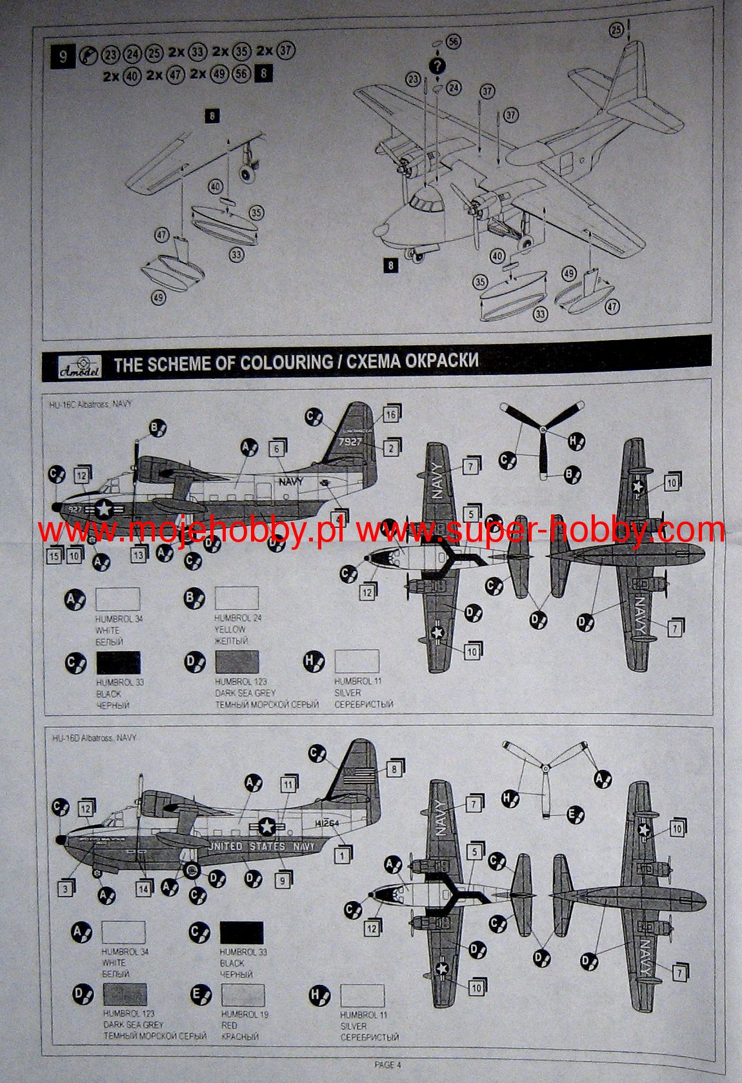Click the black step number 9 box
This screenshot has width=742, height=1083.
[63, 56]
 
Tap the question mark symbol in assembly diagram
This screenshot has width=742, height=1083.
[437, 65]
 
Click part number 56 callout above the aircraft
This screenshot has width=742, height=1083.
[454, 42]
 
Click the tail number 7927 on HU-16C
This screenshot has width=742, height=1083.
[350, 442]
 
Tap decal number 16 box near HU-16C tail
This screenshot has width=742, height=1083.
[391, 415]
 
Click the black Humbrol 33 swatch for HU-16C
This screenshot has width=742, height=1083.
[118, 663]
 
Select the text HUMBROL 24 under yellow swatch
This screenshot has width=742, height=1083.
[237, 618]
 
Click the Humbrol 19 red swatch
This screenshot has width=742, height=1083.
[243, 995]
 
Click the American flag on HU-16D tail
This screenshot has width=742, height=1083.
[359, 776]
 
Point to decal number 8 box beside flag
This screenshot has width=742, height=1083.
[394, 769]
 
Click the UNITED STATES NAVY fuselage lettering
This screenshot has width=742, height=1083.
[262, 846]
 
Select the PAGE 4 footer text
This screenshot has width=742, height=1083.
[388, 1065]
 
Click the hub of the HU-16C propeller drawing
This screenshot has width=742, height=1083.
[543, 429]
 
